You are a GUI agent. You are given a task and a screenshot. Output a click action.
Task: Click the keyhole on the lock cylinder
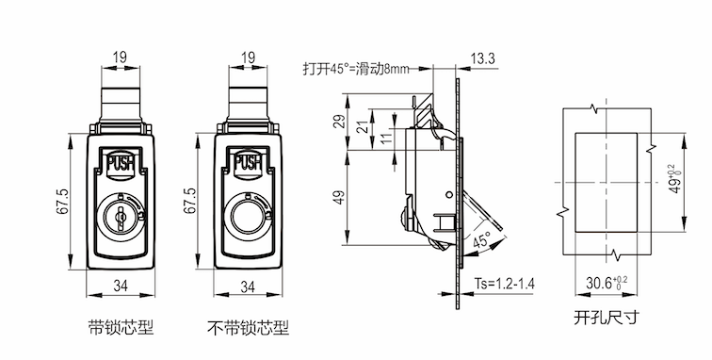click(121, 217)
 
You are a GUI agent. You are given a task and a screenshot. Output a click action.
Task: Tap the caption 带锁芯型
click(121, 327)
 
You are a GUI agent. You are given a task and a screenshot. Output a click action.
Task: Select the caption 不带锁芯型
click(248, 327)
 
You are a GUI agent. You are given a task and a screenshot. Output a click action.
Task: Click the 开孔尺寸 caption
click(607, 317)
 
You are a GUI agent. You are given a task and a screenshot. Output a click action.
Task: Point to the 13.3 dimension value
click(483, 59)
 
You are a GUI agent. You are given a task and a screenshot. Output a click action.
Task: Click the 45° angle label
click(482, 240)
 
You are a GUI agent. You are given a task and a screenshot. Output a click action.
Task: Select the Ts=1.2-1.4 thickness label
click(505, 283)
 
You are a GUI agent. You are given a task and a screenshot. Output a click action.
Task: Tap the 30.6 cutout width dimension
click(607, 283)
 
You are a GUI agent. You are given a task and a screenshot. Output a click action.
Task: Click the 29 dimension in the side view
click(340, 122)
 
